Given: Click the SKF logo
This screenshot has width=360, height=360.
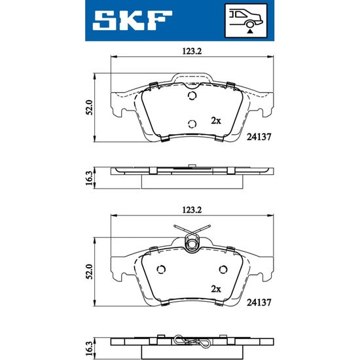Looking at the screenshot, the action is [132, 20].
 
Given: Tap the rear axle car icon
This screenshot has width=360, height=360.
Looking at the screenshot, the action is [246, 21].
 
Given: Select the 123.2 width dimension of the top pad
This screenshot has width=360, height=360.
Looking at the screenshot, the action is [192, 51].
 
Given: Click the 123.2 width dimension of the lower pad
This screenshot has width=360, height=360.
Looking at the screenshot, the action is [192, 210].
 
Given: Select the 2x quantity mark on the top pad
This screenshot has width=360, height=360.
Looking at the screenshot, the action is [216, 120].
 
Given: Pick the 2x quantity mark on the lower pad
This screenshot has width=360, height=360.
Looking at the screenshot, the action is [216, 289].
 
